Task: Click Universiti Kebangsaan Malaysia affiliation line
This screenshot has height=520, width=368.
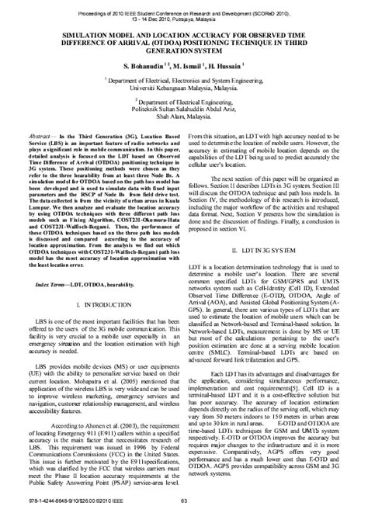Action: pos(184,87)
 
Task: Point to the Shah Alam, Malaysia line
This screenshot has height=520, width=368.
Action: pos(184,118)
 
